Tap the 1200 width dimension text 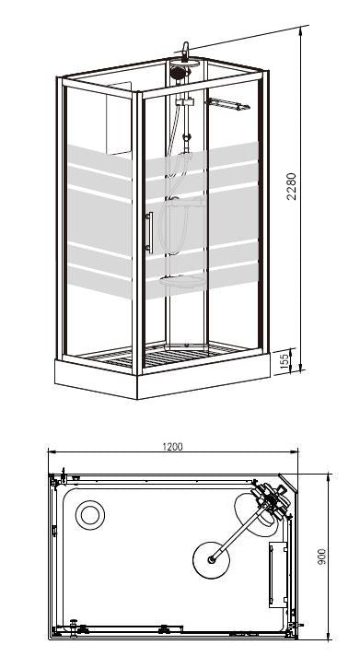coord(172,447)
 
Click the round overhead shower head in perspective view coord(178,70)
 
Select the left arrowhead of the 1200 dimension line coord(52,452)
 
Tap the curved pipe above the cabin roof coord(186,50)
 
